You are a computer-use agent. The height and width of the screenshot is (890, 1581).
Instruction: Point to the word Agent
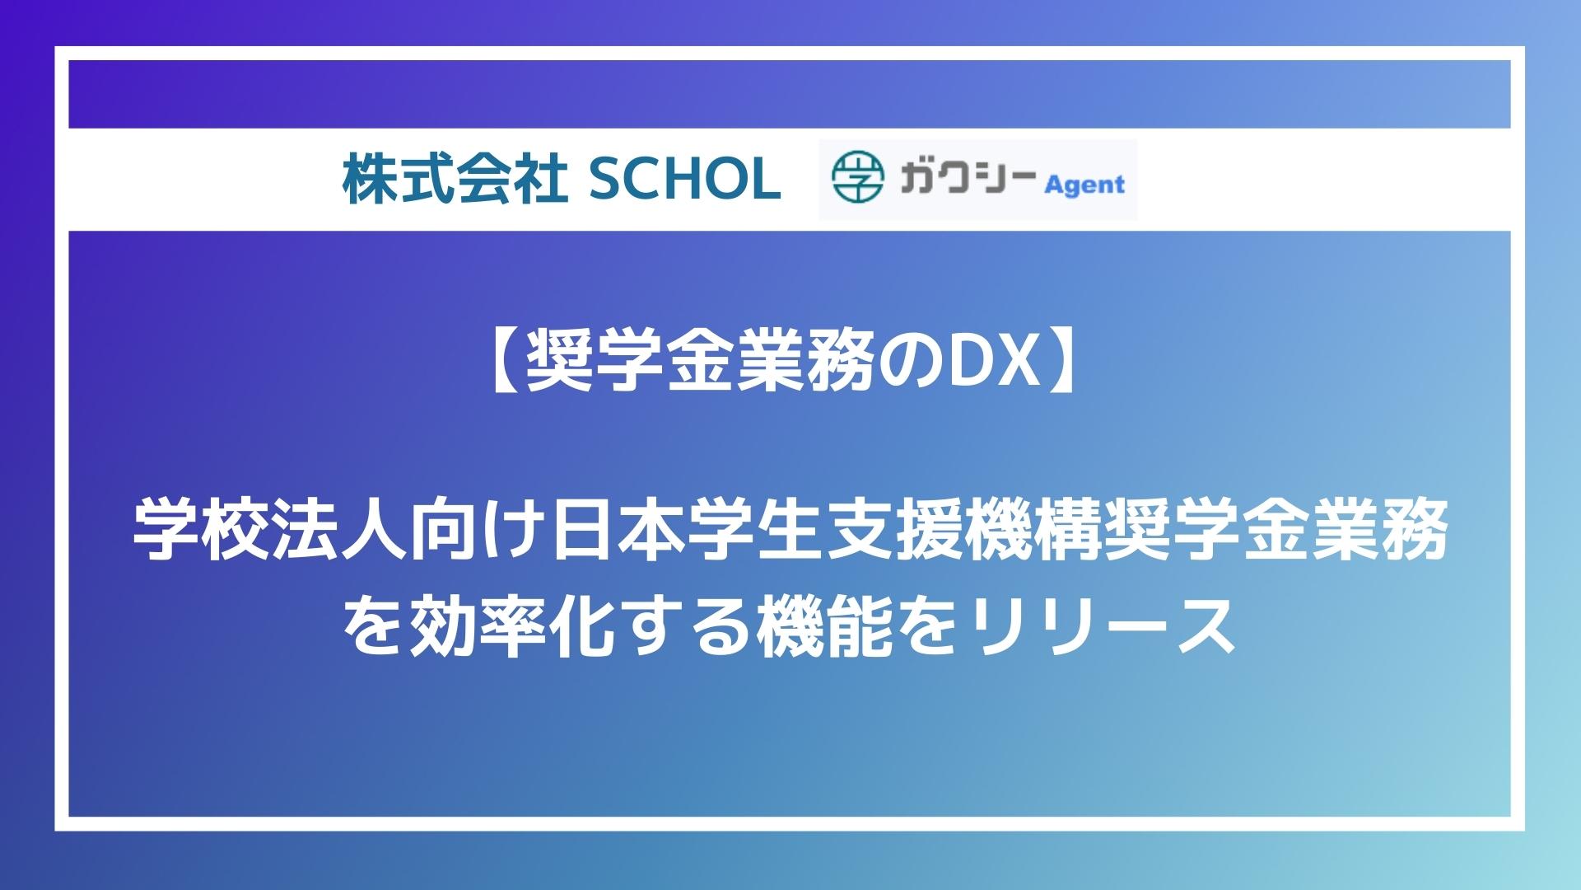click(x=1084, y=185)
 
